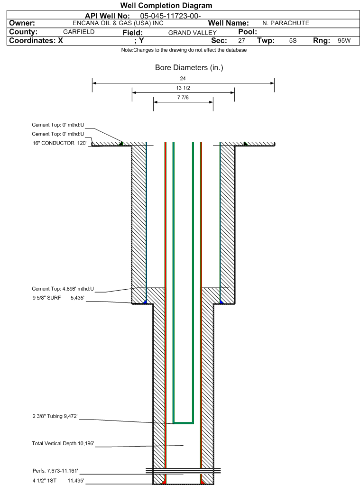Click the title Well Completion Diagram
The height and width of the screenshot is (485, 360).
coord(166,6)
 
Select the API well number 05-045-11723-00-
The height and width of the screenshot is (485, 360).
coord(170,16)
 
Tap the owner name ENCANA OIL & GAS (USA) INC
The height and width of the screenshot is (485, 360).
coord(118,23)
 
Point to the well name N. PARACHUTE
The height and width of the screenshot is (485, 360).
coord(286,23)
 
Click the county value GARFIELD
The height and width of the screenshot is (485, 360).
coord(79,32)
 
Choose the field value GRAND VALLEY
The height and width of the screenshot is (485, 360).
coord(192,33)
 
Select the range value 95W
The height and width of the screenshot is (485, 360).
coord(344,40)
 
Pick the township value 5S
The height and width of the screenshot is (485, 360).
coord(293,40)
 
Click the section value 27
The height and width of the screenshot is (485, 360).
coord(241,40)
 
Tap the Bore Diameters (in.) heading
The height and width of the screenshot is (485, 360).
coord(189,68)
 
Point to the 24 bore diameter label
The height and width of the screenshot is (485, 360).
coord(183,79)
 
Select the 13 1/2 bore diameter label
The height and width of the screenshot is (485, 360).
coord(183,88)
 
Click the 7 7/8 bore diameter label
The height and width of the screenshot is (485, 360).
coord(183,98)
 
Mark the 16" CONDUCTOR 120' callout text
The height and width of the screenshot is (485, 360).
coord(60,143)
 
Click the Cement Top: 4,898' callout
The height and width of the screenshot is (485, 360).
coord(63,289)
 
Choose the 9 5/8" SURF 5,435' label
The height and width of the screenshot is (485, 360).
coord(58,298)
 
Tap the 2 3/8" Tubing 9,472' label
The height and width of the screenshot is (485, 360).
coord(55,416)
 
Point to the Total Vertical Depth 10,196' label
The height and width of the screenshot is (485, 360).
coord(63,444)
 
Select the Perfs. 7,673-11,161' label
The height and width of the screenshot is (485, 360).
coord(55,471)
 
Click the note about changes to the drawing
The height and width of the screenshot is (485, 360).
coord(184,50)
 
